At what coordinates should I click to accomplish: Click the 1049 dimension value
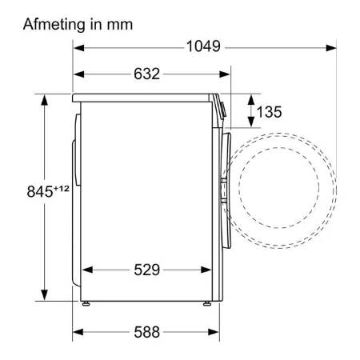tap(203, 46)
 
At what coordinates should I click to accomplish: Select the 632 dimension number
tap(146, 74)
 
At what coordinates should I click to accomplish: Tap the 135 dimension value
tap(269, 112)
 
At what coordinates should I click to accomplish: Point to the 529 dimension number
tap(146, 270)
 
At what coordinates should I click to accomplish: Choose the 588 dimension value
tap(146, 332)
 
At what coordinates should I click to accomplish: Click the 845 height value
tap(40, 191)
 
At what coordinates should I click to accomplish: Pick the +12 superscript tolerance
tap(62, 188)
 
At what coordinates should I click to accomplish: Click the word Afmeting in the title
tap(55, 25)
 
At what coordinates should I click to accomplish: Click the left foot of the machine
tap(86, 303)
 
